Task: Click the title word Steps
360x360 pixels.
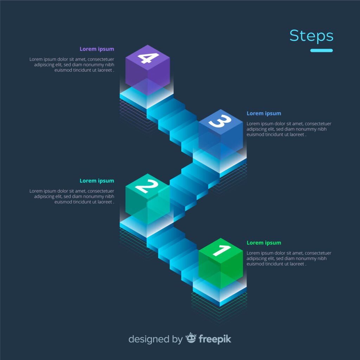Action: [311, 36]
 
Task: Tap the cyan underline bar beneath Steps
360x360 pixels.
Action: [321, 50]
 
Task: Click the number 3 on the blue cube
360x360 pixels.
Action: [220, 122]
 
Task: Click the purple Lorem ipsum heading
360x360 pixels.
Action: [97, 49]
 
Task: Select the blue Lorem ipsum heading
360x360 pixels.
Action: [264, 114]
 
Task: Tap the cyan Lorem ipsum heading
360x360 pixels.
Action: [97, 181]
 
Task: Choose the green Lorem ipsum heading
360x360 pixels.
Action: [264, 243]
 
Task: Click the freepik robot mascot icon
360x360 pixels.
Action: [191, 338]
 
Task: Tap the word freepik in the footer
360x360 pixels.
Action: [215, 339]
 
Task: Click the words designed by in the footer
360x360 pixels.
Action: [155, 339]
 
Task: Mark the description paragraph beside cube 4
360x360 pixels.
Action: [72, 65]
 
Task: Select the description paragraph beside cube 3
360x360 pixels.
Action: [289, 129]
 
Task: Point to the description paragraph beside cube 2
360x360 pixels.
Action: [72, 197]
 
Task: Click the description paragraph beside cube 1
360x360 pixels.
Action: [289, 258]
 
